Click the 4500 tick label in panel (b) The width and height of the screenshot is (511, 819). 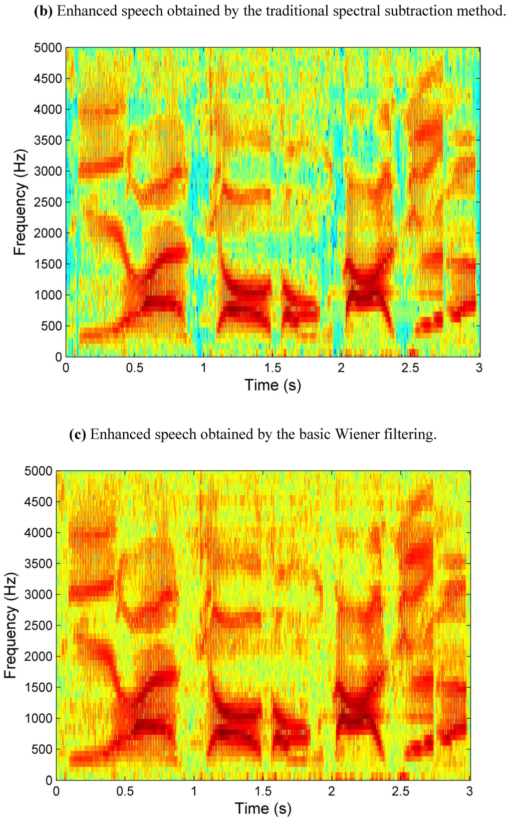click(48, 78)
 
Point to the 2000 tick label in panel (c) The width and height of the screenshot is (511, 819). click(38, 656)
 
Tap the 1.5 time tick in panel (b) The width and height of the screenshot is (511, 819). click(272, 368)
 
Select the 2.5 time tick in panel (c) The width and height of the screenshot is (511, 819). click(401, 791)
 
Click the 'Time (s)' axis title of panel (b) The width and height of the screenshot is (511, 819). click(272, 385)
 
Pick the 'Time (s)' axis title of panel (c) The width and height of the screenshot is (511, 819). click(263, 808)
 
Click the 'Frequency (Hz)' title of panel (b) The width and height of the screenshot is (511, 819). click(20, 202)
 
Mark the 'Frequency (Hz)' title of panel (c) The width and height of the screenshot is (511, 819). click(10, 625)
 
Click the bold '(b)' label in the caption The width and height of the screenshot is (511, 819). click(43, 11)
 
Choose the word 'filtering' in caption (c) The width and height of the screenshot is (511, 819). click(408, 434)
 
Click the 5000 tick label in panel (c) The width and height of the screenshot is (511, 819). click(38, 471)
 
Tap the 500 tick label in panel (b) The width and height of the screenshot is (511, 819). click(51, 326)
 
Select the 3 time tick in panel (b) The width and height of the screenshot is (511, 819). click(479, 368)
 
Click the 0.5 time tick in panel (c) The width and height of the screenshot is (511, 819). click(125, 791)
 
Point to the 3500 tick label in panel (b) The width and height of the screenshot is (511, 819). click(48, 140)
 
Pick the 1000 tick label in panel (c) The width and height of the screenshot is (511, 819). click(38, 718)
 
